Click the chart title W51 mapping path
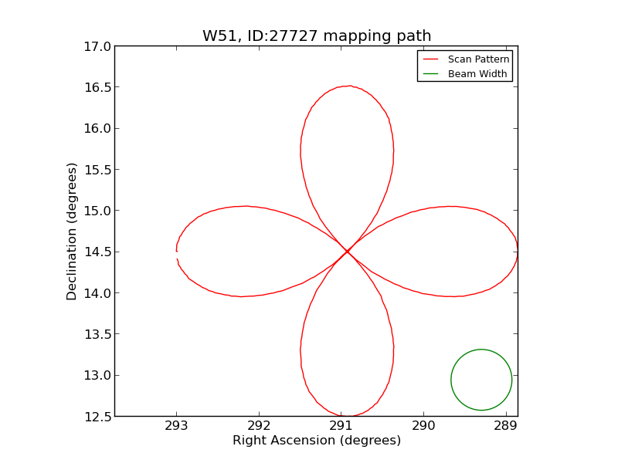coord(317,36)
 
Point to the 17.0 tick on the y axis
coord(98,46)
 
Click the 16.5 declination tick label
coord(98,87)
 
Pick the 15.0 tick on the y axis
coord(98,211)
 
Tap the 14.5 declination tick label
coord(98,252)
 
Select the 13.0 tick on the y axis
coord(98,376)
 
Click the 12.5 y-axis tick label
coord(98,417)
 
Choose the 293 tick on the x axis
coord(176,426)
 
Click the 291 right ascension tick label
coord(341,426)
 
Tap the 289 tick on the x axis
coord(506,426)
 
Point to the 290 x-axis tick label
coord(423,426)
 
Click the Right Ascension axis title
coord(317,441)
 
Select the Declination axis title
coord(72,231)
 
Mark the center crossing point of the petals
coord(347,252)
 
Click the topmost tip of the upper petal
coord(349,86)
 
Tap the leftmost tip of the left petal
coord(177,252)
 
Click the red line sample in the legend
coord(431,59)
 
